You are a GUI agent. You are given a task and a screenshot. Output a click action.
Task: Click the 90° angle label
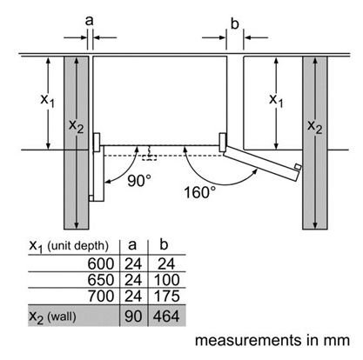(x=139, y=181)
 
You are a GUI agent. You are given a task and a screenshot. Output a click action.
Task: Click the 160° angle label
(x=200, y=192)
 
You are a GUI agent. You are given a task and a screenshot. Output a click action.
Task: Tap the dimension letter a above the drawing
(x=90, y=21)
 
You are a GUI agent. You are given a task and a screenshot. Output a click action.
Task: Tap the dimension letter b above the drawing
(x=234, y=23)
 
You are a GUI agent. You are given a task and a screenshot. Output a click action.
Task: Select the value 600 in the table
(x=101, y=264)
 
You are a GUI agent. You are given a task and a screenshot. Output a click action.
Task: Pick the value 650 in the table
(x=101, y=280)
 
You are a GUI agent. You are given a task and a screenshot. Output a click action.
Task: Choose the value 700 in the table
(x=101, y=297)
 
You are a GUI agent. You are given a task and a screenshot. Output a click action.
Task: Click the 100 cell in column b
(x=166, y=280)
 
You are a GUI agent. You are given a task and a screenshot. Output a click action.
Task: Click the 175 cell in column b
(x=166, y=297)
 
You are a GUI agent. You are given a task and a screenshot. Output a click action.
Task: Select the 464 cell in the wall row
(x=166, y=316)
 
